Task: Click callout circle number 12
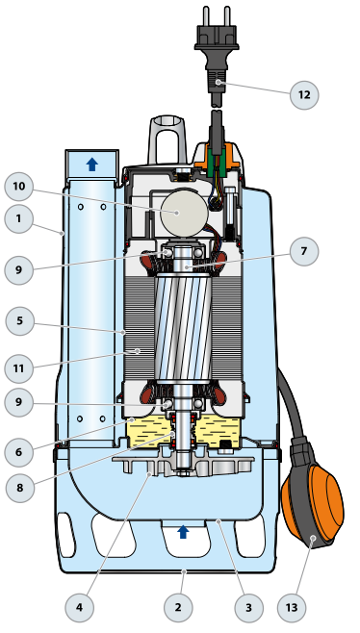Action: [304, 95]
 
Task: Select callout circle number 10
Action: [18, 186]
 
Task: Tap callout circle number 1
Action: [18, 218]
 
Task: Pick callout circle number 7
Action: [304, 251]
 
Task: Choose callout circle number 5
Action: [20, 320]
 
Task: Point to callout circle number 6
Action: [18, 452]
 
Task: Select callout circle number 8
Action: [20, 488]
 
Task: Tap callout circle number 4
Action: [79, 607]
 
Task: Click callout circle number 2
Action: [178, 607]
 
